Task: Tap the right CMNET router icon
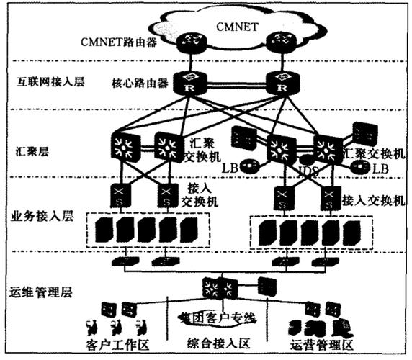click(x=278, y=43)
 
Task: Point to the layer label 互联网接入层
click(x=46, y=82)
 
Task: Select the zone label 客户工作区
click(x=118, y=346)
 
